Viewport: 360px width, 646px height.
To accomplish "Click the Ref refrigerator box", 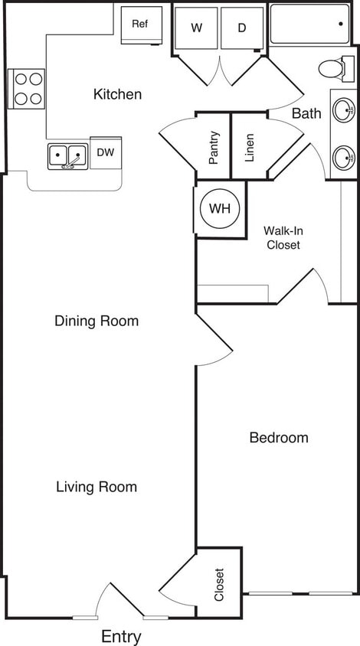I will click(141, 24).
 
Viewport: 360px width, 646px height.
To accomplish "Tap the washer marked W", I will click(197, 28).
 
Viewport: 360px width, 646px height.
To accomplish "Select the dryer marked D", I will click(242, 28).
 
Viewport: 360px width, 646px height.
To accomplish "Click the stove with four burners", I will click(27, 88).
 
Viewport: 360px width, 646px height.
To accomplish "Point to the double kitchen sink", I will click(67, 155).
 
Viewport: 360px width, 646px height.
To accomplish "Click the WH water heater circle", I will click(220, 208).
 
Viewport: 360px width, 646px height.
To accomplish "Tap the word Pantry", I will click(214, 148).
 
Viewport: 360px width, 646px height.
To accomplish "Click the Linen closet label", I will click(249, 148).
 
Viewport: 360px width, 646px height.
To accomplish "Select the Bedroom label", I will click(279, 438).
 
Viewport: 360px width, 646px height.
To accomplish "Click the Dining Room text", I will click(97, 321).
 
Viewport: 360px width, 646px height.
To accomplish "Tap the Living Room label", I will click(97, 487).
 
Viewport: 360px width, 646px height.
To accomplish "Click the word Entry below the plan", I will click(121, 636).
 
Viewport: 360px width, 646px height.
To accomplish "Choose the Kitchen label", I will click(117, 94).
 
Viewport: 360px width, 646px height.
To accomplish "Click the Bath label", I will click(306, 114).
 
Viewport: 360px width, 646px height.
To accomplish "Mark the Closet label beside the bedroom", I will click(219, 584).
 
